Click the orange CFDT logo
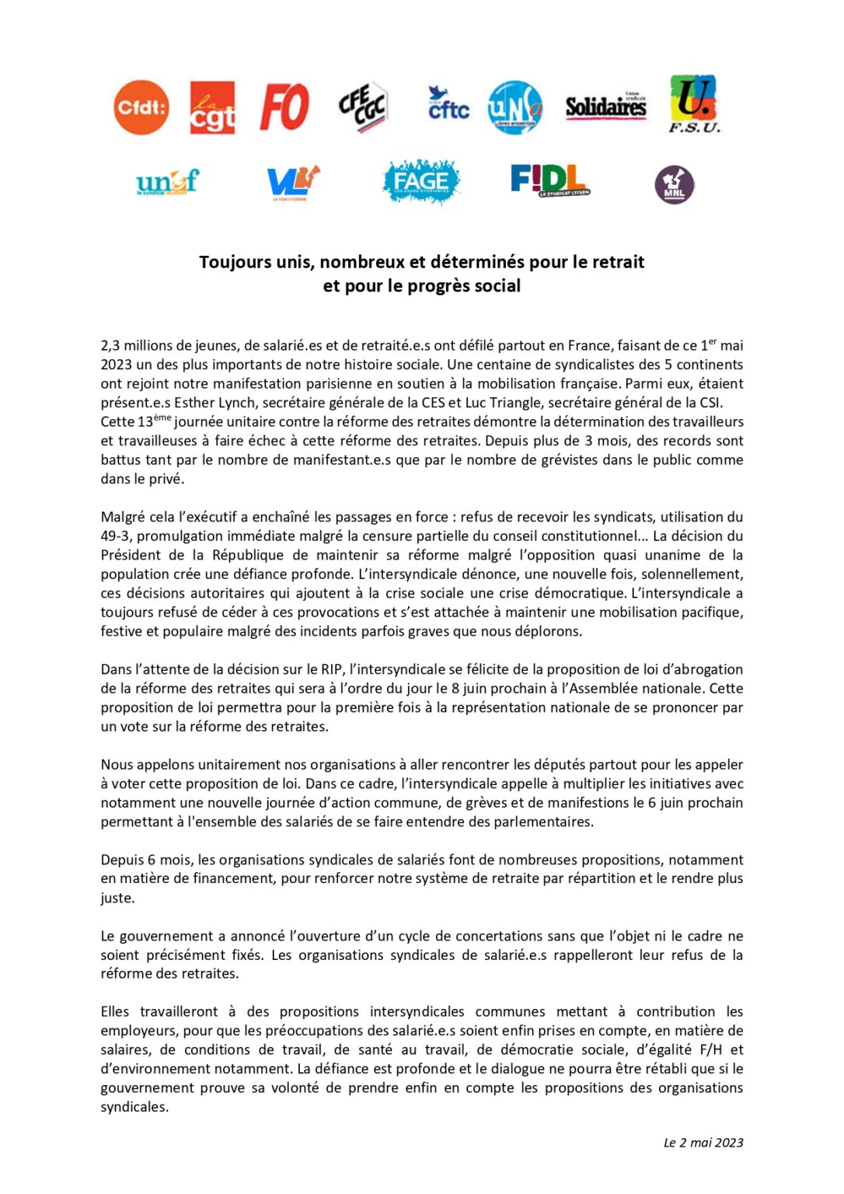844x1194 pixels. pyautogui.click(x=141, y=107)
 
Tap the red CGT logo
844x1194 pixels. pyautogui.click(x=212, y=108)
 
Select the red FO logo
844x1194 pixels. pyautogui.click(x=284, y=106)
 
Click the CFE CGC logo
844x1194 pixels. pyautogui.click(x=362, y=106)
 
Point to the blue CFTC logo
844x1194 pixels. pyautogui.click(x=448, y=104)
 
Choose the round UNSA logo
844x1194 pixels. pyautogui.click(x=514, y=107)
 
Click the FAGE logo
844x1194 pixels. pyautogui.click(x=421, y=182)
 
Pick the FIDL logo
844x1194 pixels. pyautogui.click(x=549, y=180)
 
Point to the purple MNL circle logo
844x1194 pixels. pyautogui.click(x=674, y=185)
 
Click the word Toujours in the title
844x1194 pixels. pyautogui.click(x=234, y=262)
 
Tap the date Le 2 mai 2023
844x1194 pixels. pyautogui.click(x=703, y=1143)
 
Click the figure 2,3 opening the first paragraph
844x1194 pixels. pyautogui.click(x=110, y=346)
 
